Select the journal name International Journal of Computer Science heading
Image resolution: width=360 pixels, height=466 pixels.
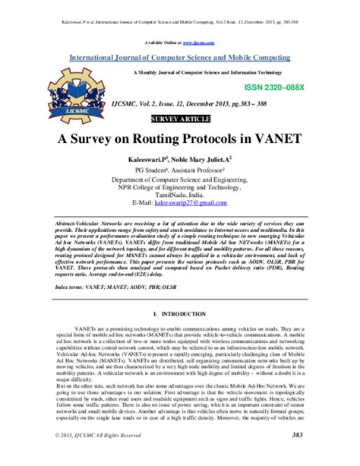(179, 57)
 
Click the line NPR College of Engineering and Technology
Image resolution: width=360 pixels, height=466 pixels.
(179, 187)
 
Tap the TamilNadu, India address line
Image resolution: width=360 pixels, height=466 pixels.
(179, 195)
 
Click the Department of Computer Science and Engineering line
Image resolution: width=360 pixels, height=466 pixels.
(179, 179)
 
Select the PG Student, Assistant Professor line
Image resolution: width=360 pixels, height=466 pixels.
(179, 172)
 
